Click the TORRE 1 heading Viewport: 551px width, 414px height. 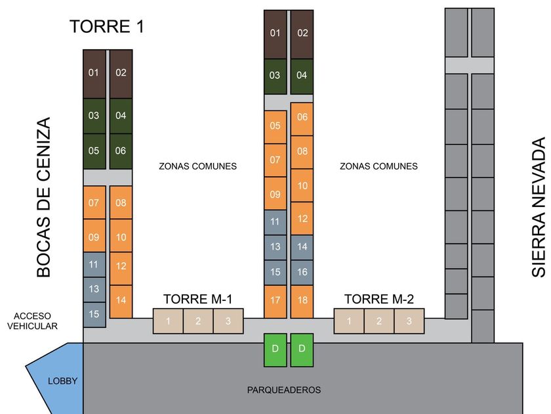pos(107,27)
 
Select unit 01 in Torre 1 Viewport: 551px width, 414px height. pos(94,73)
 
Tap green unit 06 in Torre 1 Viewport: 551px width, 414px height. pos(121,150)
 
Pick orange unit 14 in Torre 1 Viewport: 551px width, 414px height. pos(121,300)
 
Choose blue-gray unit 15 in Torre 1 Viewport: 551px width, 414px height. pos(94,313)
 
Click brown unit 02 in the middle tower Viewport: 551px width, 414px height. pos(302,34)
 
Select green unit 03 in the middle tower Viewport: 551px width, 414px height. pos(275,76)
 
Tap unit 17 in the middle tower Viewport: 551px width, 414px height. pos(275,300)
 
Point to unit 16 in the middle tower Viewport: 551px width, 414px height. pos(302,271)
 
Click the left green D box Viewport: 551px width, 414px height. pos(275,348)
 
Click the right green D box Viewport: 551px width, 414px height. pos(302,348)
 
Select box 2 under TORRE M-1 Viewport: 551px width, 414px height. pos(198,321)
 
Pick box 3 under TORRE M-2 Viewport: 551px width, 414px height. pos(409,321)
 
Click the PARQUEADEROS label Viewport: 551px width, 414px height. pos(284,390)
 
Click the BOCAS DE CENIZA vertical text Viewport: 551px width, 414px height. pos(43,197)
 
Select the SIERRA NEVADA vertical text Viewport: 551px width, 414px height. pos(539,207)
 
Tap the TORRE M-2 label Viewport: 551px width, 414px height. pos(379,299)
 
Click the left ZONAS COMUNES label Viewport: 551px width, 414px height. pos(197,166)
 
